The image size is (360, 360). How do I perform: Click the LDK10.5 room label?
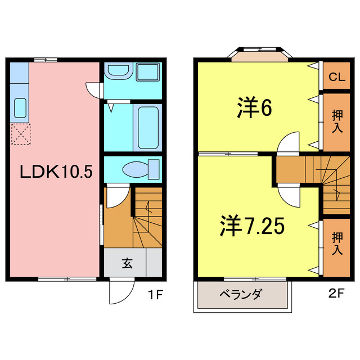click(x=56, y=172)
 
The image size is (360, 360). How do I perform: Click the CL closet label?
click(x=336, y=76)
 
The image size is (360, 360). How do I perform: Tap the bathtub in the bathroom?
click(x=147, y=126)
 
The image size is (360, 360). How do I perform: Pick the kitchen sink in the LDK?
click(x=20, y=107)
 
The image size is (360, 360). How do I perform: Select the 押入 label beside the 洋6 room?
click(x=337, y=121)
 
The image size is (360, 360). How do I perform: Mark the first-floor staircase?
click(x=148, y=219)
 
